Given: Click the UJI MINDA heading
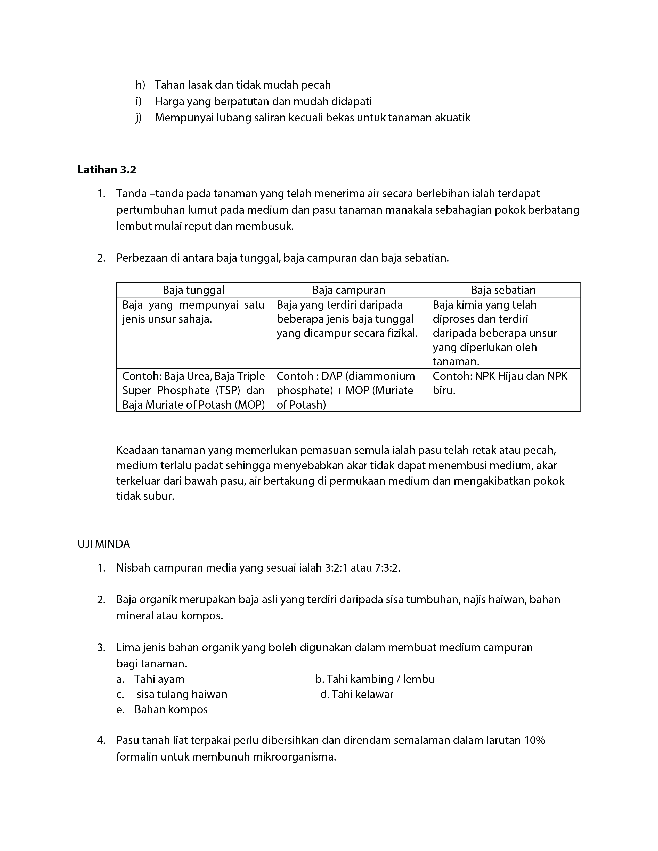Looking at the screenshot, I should (x=104, y=544).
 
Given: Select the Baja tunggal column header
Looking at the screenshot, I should (x=193, y=290).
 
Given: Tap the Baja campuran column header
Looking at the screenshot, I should (x=348, y=290).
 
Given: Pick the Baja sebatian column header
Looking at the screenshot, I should (x=503, y=290).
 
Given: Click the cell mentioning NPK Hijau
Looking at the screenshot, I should (x=500, y=383).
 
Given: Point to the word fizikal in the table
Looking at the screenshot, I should (x=402, y=333).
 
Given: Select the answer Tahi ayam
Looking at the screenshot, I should (x=159, y=679).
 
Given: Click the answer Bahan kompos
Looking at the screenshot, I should (x=171, y=709).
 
